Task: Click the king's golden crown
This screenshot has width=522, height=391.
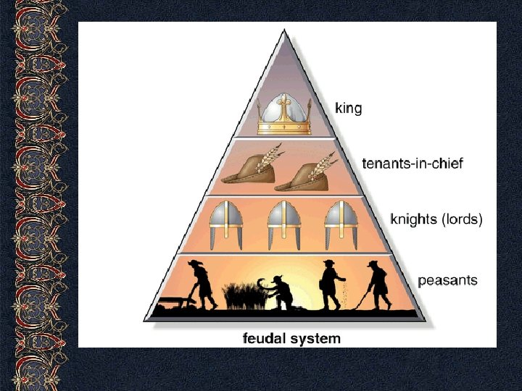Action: coord(284,116)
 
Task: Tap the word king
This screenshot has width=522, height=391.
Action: coord(348,109)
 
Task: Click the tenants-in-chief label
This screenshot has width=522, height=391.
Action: coord(412,163)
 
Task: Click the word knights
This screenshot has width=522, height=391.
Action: coord(414,218)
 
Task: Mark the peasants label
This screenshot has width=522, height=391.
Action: coord(447,279)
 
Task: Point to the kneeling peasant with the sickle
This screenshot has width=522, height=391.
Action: coord(280,293)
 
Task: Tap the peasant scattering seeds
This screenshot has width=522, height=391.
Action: coord(331,283)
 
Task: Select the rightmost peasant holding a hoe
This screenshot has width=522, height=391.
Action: coord(377,284)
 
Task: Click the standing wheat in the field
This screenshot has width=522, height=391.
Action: coord(240,295)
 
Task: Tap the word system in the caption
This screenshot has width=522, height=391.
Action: coord(315,338)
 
